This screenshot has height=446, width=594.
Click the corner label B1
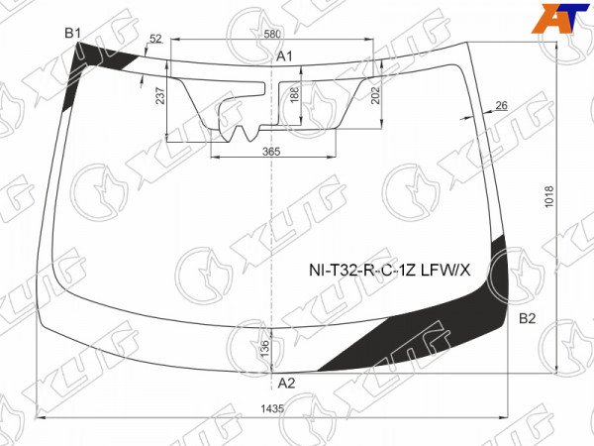click(x=72, y=34)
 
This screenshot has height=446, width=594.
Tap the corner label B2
click(x=528, y=318)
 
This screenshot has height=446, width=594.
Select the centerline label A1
click(x=284, y=56)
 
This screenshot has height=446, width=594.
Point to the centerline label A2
click(x=286, y=384)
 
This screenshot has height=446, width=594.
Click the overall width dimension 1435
click(x=272, y=408)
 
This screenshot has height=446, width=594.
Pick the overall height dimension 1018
click(x=548, y=196)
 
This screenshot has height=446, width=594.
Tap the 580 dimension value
click(x=272, y=34)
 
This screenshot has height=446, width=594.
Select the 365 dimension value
click(x=271, y=152)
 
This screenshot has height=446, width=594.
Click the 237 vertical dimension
click(x=160, y=95)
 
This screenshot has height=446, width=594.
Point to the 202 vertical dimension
click(x=375, y=95)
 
